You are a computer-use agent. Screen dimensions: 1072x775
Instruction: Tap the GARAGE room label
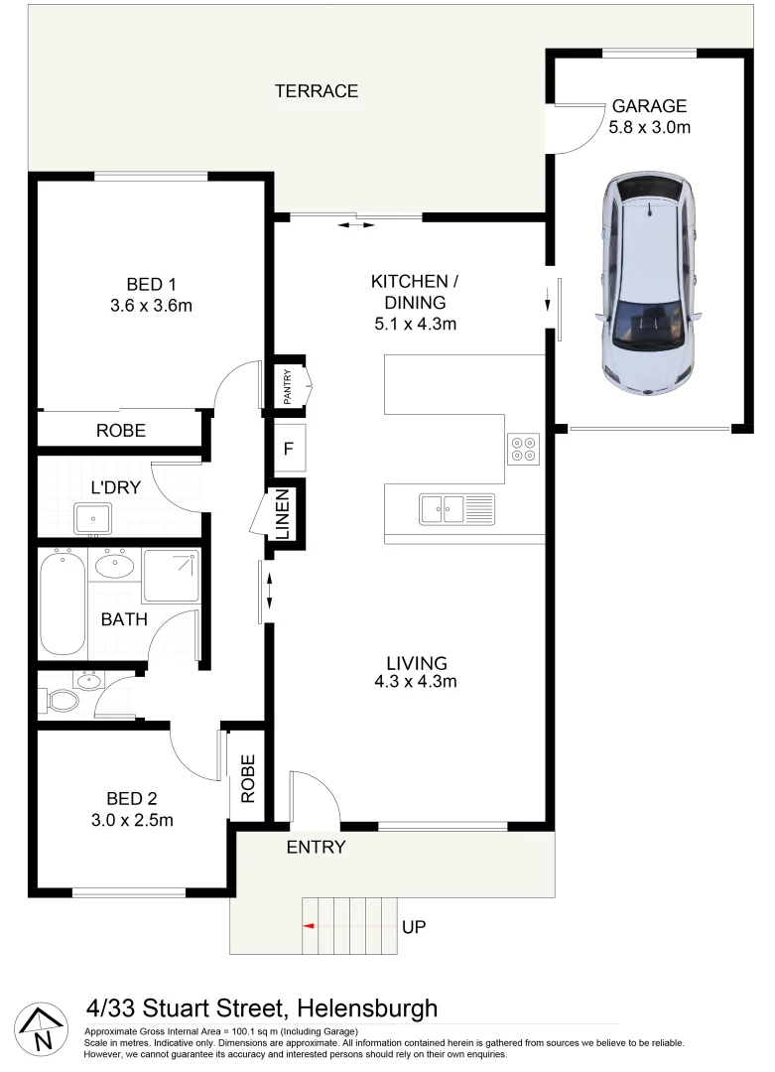[x=649, y=106]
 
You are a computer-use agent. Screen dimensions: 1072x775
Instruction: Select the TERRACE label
[x=317, y=91]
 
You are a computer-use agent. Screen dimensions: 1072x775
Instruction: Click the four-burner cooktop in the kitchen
[x=523, y=449]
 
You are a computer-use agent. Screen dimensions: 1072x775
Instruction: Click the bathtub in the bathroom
[x=63, y=603]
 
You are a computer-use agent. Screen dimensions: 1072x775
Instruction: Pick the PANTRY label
[x=288, y=385]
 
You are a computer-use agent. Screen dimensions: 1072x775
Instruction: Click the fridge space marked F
[x=289, y=448]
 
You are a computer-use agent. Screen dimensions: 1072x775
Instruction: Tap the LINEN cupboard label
[x=283, y=513]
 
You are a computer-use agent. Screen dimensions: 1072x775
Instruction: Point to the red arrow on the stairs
[x=309, y=927]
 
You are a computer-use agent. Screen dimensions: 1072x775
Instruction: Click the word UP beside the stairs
[x=414, y=927]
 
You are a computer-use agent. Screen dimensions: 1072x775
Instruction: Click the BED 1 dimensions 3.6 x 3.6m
[x=151, y=306]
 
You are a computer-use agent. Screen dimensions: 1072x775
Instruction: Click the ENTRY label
[x=316, y=847]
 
